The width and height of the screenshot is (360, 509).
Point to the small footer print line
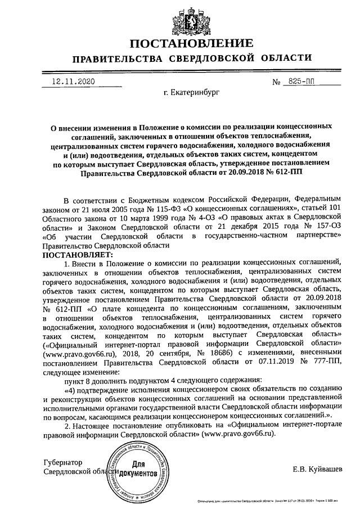tap(269, 500)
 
